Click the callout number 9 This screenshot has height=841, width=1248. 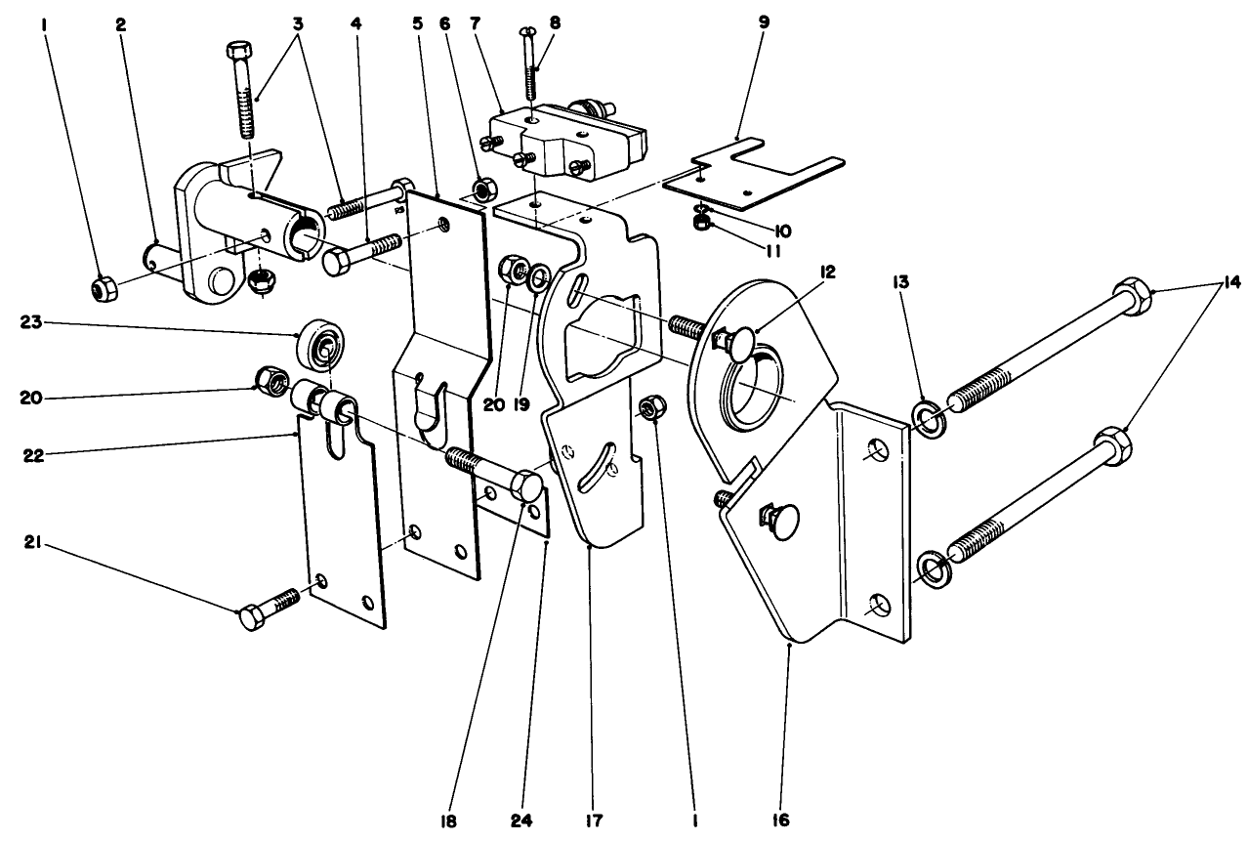click(x=764, y=20)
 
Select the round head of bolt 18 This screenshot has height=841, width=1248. click(x=526, y=486)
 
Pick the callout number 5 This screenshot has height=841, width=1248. click(x=419, y=20)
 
